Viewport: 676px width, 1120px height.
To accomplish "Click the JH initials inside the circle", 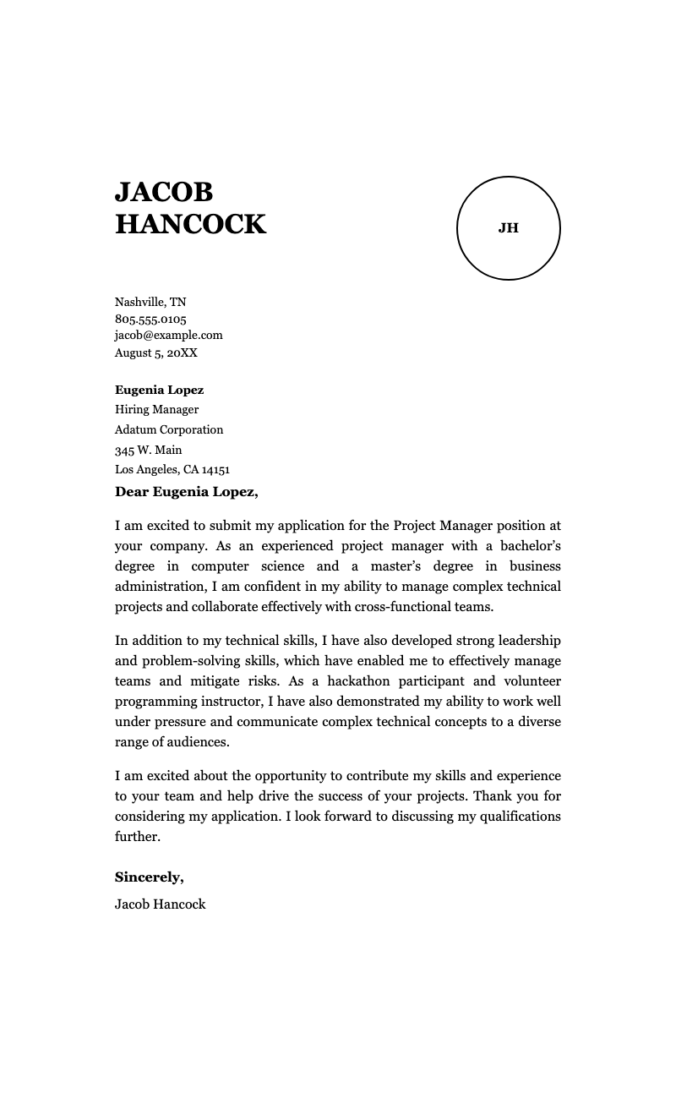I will (x=508, y=228).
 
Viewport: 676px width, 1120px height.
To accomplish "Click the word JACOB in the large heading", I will (x=164, y=193).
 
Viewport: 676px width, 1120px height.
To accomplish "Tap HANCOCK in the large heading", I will (x=190, y=225).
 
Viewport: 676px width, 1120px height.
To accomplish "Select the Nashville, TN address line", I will (x=150, y=302).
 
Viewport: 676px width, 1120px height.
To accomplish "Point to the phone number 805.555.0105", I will (x=150, y=319).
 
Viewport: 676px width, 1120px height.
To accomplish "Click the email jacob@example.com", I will (x=169, y=335).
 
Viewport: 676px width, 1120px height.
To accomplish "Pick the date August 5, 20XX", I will (x=156, y=352).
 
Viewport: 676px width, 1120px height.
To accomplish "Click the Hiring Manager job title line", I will (x=156, y=410).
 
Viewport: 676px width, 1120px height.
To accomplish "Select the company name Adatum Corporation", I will (x=169, y=429).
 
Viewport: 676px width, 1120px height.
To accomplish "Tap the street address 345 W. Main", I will (x=148, y=450).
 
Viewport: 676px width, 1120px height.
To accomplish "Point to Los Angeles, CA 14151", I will (x=172, y=470).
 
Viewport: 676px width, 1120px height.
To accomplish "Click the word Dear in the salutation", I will (x=132, y=492).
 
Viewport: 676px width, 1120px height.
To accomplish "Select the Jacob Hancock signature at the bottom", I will (x=160, y=904).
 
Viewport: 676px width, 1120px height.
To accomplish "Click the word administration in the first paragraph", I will (x=160, y=587).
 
